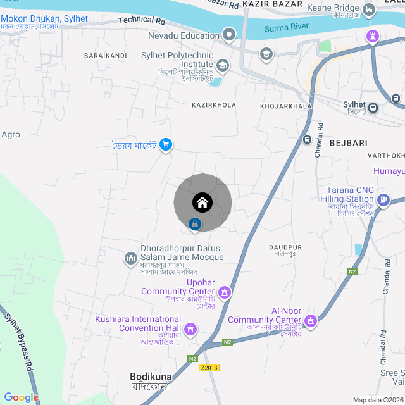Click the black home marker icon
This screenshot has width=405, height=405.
[x=202, y=202]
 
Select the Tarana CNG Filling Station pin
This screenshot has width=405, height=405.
[x=383, y=201]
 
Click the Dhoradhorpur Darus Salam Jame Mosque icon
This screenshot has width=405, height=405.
[x=131, y=258]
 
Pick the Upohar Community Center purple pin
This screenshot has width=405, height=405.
[x=225, y=293]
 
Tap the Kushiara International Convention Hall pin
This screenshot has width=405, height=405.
[x=189, y=329]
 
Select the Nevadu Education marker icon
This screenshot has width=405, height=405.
[x=229, y=35]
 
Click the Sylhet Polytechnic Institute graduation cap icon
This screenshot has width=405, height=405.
[x=223, y=65]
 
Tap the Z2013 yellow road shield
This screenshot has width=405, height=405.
[x=209, y=368]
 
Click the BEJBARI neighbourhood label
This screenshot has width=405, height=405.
[x=348, y=143]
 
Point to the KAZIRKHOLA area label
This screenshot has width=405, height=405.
[x=213, y=105]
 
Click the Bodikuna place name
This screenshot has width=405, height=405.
[x=151, y=376]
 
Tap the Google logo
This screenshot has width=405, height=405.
[x=22, y=397]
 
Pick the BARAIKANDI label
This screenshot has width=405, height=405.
[x=105, y=56]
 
